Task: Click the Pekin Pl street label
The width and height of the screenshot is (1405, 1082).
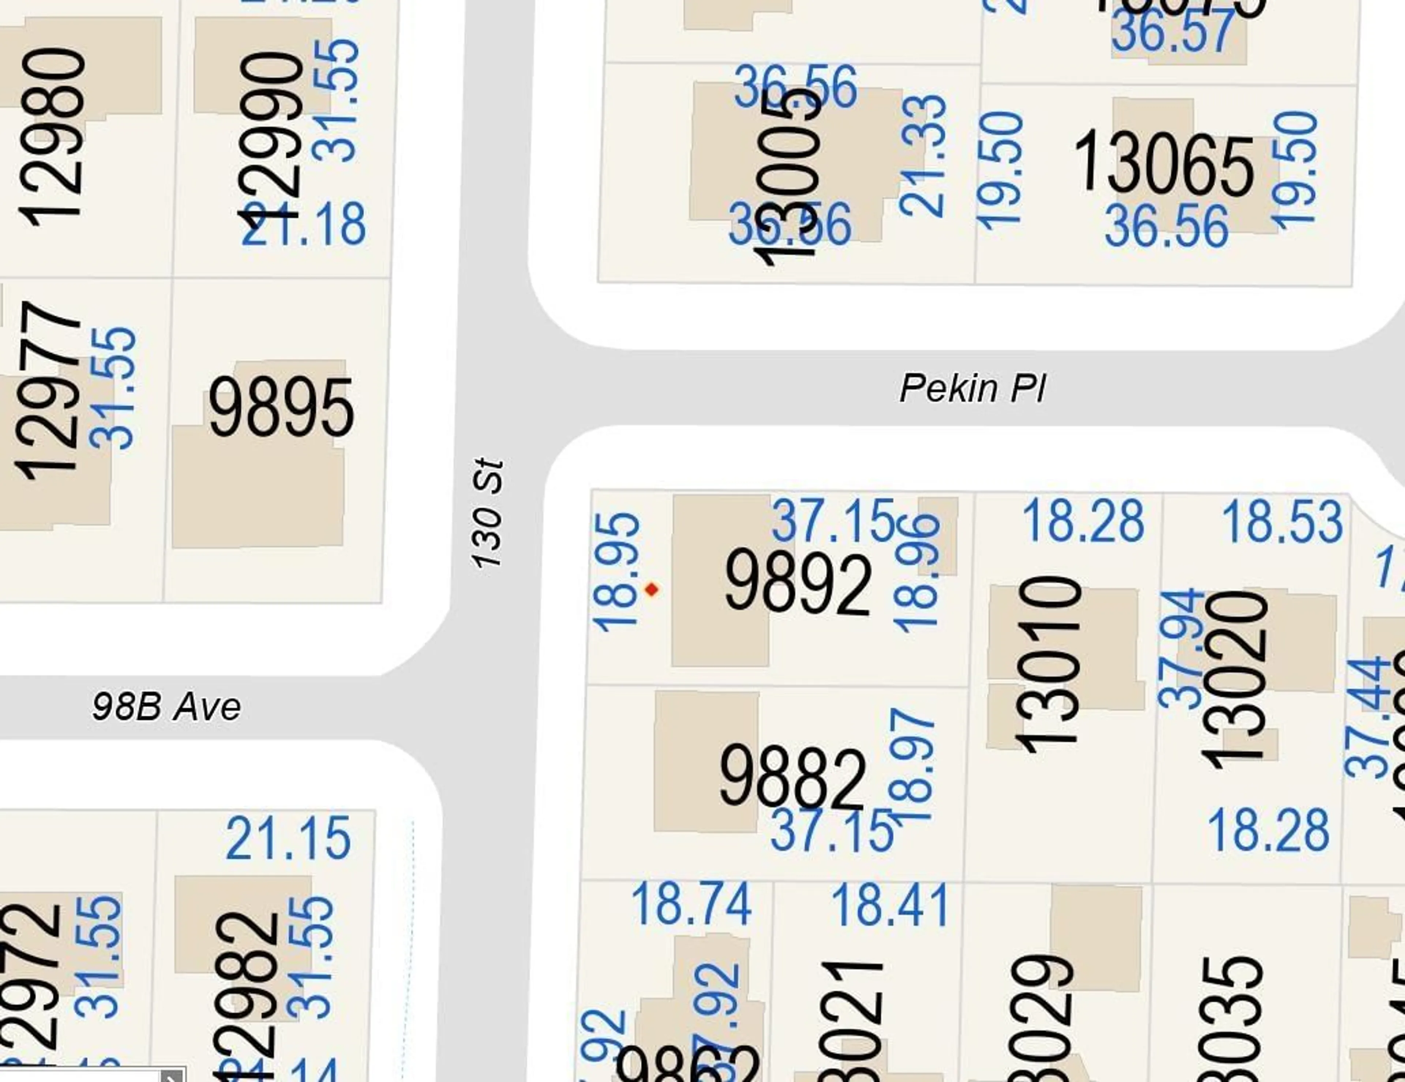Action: (x=972, y=388)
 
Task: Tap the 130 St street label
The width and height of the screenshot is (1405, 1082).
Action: (x=487, y=513)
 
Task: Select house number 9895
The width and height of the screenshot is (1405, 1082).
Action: (x=281, y=407)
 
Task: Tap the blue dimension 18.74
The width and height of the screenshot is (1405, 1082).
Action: (x=692, y=905)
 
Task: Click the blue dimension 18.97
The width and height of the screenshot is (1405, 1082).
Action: (x=912, y=764)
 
